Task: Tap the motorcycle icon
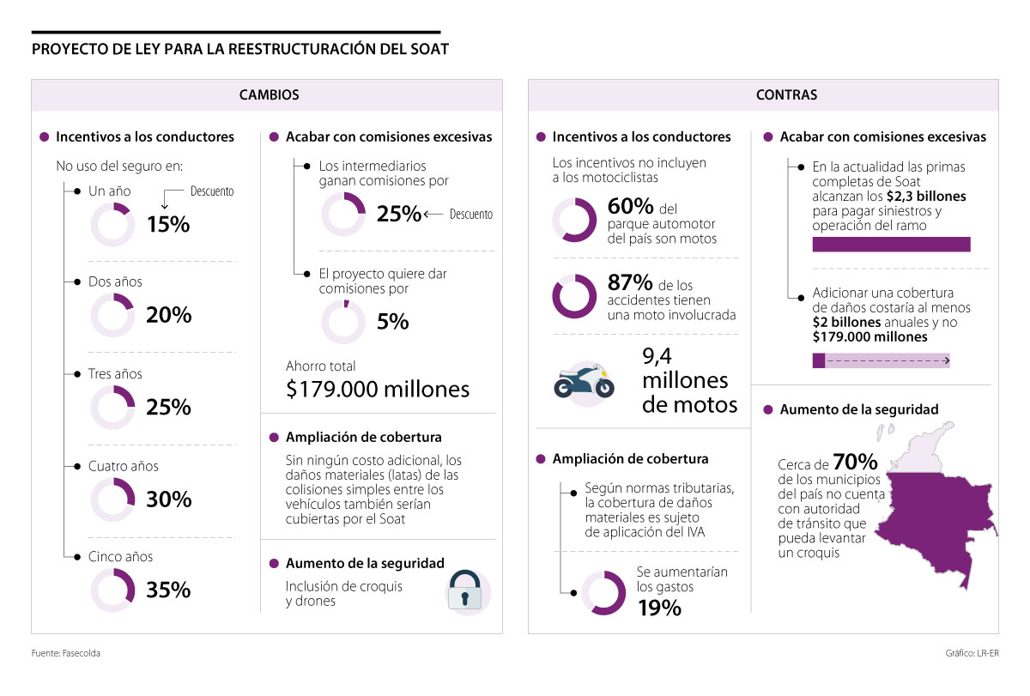(585, 380)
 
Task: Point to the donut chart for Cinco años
(112, 590)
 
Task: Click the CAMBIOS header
(269, 95)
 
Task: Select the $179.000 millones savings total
(378, 389)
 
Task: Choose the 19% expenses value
(659, 608)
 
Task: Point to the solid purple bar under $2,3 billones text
(891, 245)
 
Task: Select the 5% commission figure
(392, 322)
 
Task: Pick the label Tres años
(115, 374)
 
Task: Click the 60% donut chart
(574, 220)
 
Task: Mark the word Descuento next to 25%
(471, 215)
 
